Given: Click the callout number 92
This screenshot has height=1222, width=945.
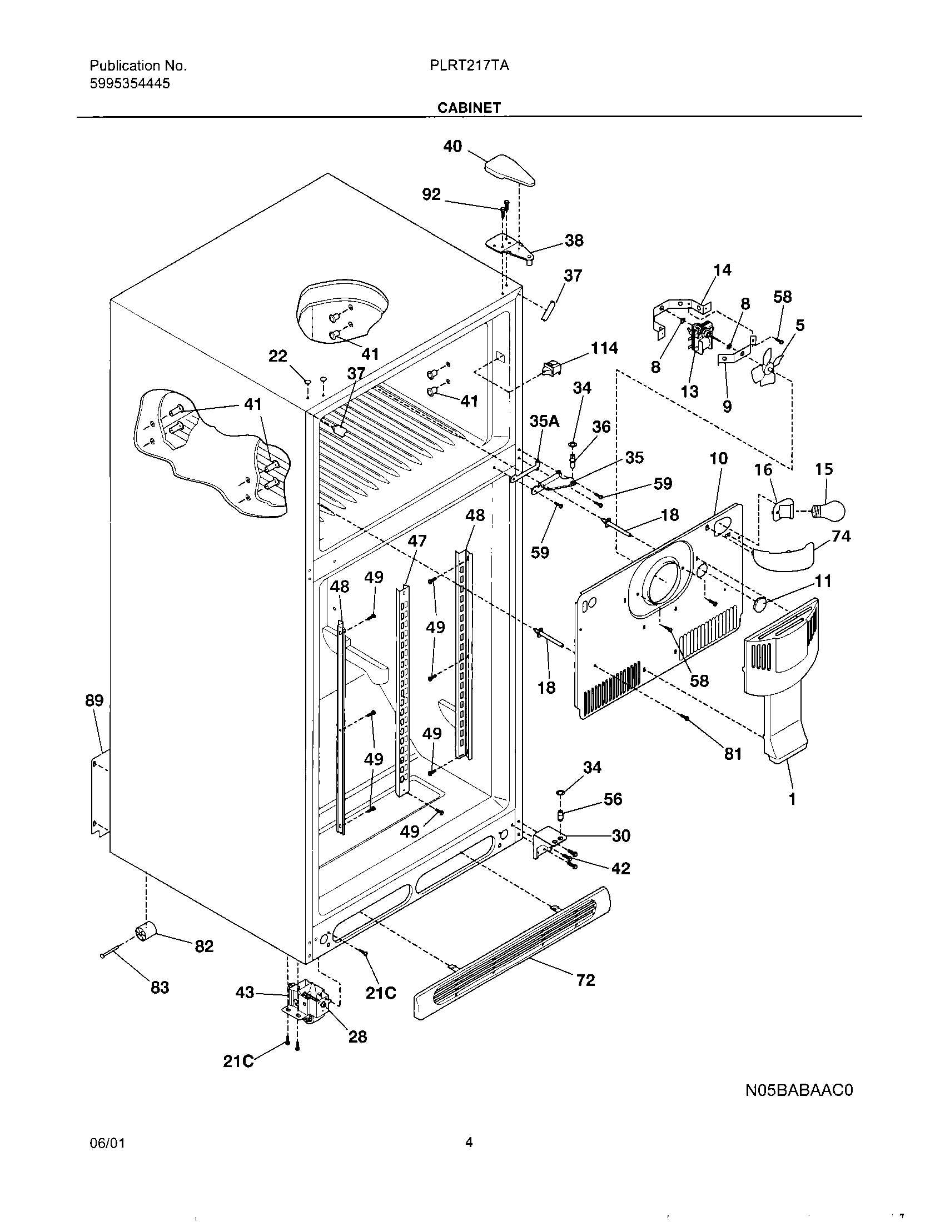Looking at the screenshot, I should pos(431,195).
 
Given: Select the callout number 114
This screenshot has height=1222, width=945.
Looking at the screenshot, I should pos(604,348).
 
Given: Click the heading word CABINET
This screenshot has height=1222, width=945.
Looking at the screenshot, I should pos(469,107).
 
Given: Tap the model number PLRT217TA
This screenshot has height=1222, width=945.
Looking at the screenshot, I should pos(469,66).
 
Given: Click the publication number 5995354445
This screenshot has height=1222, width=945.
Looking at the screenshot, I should pos(130,84).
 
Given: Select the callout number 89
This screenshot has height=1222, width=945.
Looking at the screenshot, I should pos(94,700).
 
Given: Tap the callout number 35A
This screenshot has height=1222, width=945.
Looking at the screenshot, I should pos(544,422).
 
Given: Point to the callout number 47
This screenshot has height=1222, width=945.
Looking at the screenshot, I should pos(417,540).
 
